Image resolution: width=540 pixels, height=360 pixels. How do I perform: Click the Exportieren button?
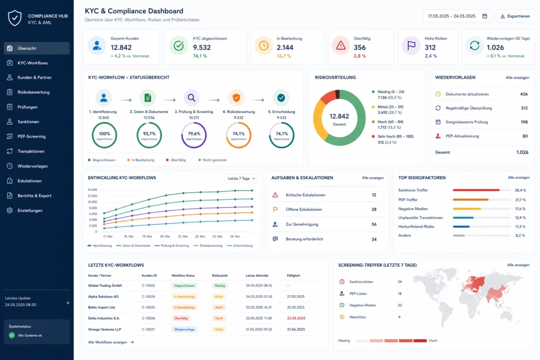tap(515, 16)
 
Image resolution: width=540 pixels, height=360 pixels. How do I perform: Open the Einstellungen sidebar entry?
tap(30, 210)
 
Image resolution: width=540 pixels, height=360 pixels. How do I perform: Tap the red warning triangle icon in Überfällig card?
tap(341, 46)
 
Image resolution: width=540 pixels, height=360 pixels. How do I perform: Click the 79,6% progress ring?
tap(194, 135)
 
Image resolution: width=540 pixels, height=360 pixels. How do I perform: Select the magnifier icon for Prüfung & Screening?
tap(191, 98)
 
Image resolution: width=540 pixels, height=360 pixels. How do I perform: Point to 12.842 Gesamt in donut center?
tap(339, 118)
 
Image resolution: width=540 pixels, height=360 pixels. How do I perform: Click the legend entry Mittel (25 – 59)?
tap(390, 106)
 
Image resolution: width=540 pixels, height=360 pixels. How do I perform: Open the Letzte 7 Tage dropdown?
tap(242, 178)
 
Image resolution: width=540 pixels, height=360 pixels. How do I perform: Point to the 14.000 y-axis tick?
tap(92, 190)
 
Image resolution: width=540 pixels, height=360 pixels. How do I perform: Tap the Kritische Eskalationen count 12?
tap(373, 195)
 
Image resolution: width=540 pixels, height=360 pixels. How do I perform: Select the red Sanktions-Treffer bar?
tap(476, 190)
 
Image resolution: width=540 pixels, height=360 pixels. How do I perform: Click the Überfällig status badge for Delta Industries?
tap(181, 318)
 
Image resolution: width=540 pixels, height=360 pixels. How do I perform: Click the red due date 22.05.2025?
tap(296, 318)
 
